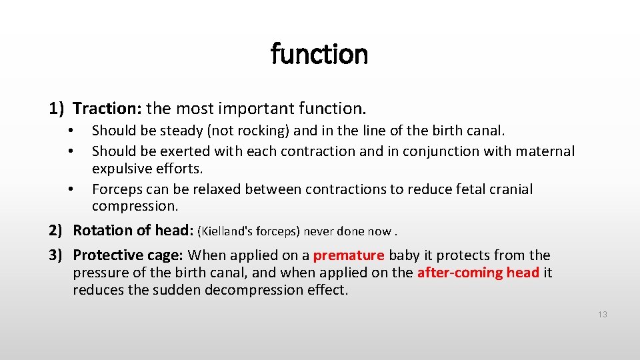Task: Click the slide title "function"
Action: [x=319, y=54]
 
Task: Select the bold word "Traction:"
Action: [x=107, y=107]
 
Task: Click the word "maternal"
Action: [x=541, y=151]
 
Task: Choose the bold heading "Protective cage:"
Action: [x=128, y=255]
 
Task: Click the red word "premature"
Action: [x=349, y=255]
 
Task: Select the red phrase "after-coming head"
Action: [x=478, y=273]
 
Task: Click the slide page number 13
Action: [x=602, y=315]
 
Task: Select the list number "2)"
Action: [x=56, y=231]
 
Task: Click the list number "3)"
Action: [x=56, y=255]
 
